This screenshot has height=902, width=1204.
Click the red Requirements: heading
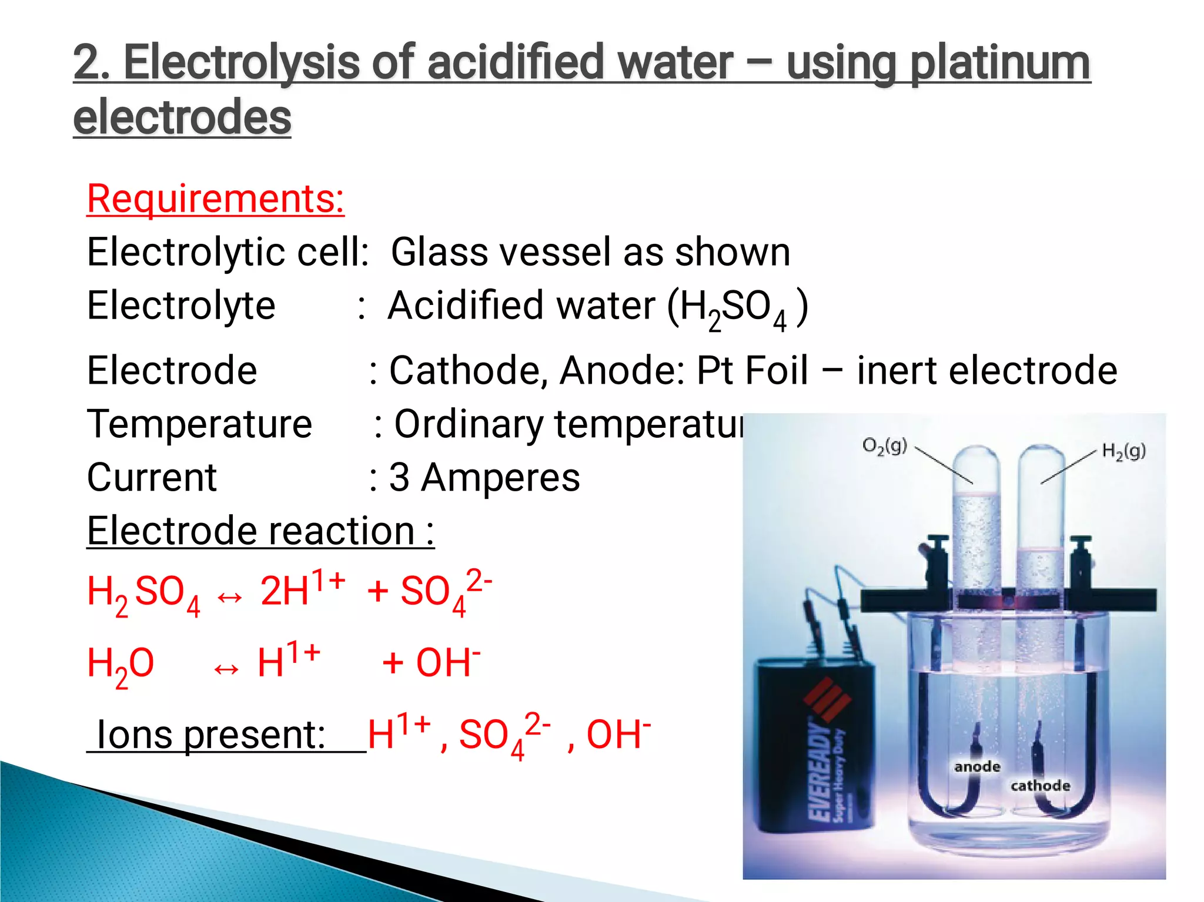tap(215, 199)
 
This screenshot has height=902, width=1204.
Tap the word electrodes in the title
tap(182, 116)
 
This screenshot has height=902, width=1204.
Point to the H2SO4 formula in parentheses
tap(733, 308)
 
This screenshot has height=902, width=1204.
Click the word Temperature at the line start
tap(199, 424)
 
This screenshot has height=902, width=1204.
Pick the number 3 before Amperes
tap(399, 477)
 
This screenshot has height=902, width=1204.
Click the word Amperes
tap(501, 477)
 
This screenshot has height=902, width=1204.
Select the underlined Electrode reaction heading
tap(260, 531)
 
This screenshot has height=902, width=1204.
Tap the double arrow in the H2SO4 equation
tap(229, 598)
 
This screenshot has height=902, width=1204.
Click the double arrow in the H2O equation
tap(226, 669)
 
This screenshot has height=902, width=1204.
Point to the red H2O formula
tap(121, 664)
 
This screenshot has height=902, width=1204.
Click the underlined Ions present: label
tap(210, 735)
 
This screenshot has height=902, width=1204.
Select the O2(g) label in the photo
tap(884, 446)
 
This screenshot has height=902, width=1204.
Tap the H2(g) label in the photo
tap(1123, 451)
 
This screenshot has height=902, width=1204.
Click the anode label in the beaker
tap(977, 767)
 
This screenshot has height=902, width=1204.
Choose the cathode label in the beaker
tap(1040, 786)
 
